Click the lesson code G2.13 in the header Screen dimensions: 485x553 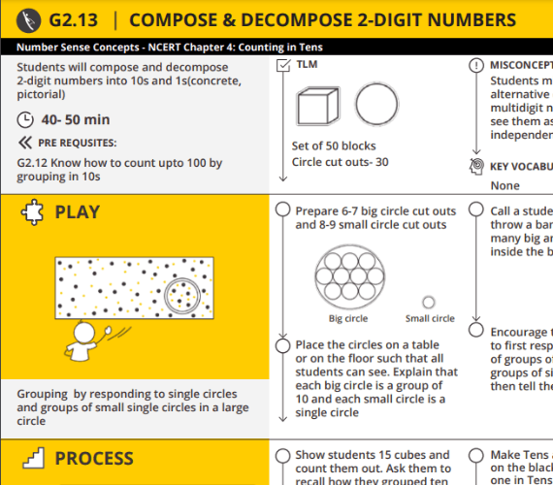76,19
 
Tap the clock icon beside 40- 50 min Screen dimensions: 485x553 25,120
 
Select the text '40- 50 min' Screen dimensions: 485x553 75,120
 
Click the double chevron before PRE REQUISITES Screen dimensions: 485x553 25,142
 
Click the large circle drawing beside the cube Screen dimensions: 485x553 374,104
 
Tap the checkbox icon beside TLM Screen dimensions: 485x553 283,65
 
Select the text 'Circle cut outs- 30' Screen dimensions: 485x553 340,161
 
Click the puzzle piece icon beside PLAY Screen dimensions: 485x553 31,212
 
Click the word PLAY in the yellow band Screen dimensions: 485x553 78,212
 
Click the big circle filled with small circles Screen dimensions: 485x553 348,274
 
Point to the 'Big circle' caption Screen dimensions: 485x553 348,318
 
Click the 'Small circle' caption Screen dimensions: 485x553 429,318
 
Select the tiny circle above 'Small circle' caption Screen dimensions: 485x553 429,302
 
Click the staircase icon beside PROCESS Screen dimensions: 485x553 31,458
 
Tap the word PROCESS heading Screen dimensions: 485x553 94,458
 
